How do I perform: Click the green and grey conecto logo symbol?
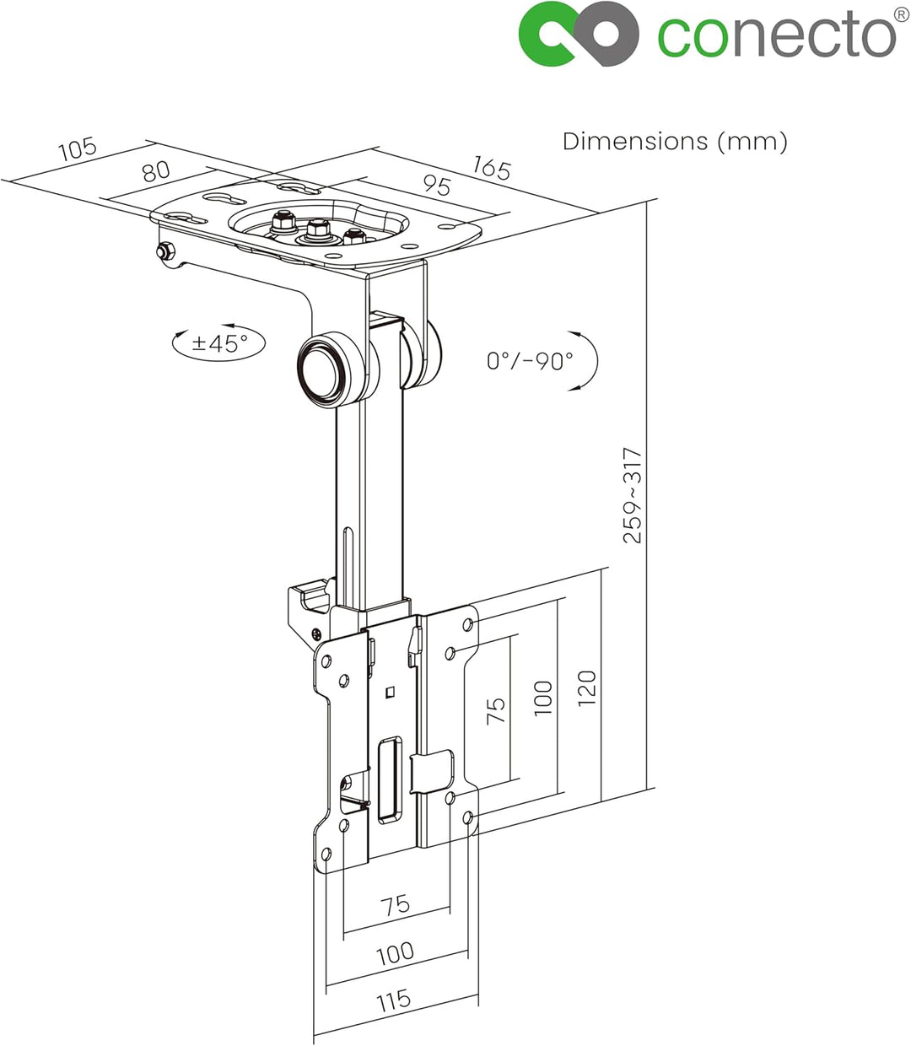point(579,34)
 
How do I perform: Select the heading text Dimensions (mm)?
point(675,142)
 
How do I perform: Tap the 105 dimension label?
point(78,148)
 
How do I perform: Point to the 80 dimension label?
point(156,171)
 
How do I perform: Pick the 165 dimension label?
point(492,168)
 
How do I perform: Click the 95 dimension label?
point(437,186)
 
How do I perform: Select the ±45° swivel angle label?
point(220,342)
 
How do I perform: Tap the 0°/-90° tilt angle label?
point(530,361)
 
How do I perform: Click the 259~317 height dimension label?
point(633,495)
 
